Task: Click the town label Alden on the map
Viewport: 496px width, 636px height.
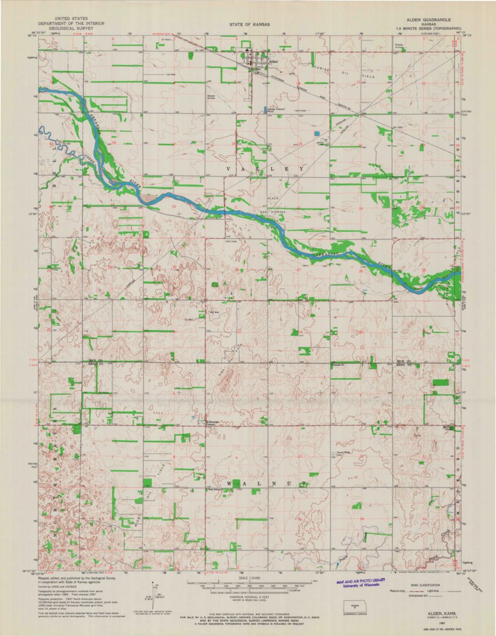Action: [x=273, y=62]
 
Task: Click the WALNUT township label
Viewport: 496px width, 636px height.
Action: [x=265, y=483]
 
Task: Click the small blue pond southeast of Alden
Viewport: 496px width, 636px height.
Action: [x=316, y=133]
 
